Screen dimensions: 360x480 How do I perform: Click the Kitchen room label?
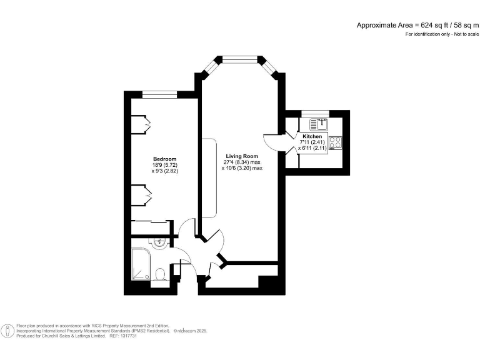tap(312, 136)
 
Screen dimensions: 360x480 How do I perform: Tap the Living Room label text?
tap(242, 156)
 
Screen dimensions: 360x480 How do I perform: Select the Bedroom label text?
tap(165, 159)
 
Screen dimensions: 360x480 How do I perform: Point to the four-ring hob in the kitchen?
tap(335, 142)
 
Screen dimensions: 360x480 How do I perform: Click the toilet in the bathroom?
tap(160, 274)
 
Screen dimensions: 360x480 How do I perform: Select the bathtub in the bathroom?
tap(140, 264)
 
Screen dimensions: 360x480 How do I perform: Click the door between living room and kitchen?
tap(275, 142)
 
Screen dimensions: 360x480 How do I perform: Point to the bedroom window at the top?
tap(159, 94)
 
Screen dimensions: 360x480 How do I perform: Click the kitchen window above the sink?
tap(314, 113)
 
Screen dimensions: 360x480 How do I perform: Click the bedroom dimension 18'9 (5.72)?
tap(165, 165)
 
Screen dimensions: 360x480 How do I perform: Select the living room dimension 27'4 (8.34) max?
tap(242, 162)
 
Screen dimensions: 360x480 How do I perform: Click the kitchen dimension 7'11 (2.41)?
tap(312, 142)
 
